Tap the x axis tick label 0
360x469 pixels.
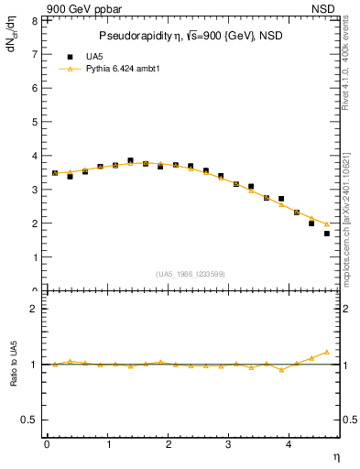pyautogui.click(x=47, y=444)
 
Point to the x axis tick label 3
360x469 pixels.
pyautogui.click(x=229, y=444)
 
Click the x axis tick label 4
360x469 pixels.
pyautogui.click(x=289, y=444)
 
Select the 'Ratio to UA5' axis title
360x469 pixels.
pyautogui.click(x=13, y=378)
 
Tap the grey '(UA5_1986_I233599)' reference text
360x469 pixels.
pyautogui.click(x=191, y=275)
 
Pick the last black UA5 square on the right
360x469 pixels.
pyautogui.click(x=326, y=234)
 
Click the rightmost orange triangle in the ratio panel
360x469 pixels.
pyautogui.click(x=326, y=352)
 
